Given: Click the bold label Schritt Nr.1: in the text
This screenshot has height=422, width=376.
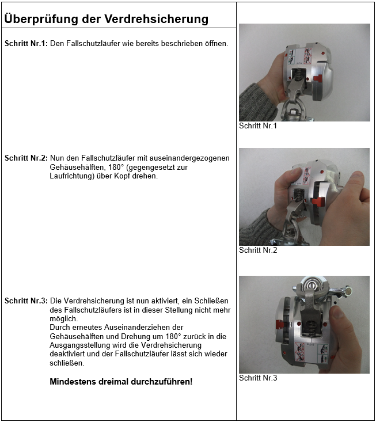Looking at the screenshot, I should [x=26, y=44].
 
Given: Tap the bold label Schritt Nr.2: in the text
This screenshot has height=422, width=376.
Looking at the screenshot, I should [x=26, y=158].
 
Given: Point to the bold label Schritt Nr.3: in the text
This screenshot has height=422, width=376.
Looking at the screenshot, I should [x=26, y=301].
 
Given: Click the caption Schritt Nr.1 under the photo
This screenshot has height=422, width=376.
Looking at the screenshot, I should [x=257, y=126].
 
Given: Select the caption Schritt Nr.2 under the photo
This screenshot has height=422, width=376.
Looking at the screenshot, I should [x=257, y=250].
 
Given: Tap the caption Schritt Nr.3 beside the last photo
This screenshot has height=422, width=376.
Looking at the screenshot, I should [x=258, y=378].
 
